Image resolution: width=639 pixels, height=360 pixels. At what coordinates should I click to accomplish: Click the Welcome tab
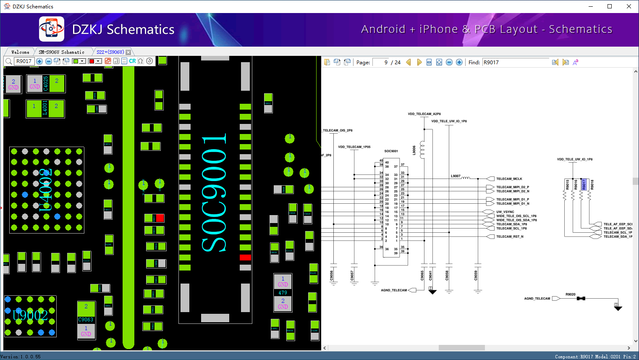click(20, 52)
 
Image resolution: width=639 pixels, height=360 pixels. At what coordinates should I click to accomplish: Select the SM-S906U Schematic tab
click(61, 52)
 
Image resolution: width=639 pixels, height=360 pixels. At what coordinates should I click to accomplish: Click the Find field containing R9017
click(515, 62)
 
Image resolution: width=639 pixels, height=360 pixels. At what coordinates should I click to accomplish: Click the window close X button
click(629, 6)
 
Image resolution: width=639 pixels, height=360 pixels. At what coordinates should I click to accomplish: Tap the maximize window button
click(610, 6)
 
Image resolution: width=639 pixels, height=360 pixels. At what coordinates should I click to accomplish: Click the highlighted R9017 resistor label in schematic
click(584, 184)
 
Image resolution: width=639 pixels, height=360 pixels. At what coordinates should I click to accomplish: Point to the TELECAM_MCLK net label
click(509, 179)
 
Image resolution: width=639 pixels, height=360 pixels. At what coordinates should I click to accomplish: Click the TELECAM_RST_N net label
click(510, 236)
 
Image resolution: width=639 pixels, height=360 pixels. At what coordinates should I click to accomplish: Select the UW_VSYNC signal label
click(505, 212)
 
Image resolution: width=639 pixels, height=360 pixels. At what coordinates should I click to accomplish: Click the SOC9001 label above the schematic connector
click(391, 151)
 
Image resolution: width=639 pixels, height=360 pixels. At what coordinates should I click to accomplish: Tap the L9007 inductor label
click(456, 176)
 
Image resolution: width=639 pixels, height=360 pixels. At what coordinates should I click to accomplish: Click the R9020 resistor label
click(570, 294)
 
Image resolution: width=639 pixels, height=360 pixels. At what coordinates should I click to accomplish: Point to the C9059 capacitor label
click(476, 276)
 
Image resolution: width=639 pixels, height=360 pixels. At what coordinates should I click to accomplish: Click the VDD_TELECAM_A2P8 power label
click(424, 114)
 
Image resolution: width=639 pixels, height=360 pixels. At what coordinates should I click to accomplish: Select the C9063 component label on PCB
click(86, 320)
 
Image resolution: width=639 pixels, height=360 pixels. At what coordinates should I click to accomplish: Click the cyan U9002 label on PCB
click(30, 315)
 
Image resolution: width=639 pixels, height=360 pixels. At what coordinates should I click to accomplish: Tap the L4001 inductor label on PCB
click(45, 108)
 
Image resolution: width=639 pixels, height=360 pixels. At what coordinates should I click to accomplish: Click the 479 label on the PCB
click(283, 293)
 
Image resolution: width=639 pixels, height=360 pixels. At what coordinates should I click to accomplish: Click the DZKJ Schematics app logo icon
click(51, 29)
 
